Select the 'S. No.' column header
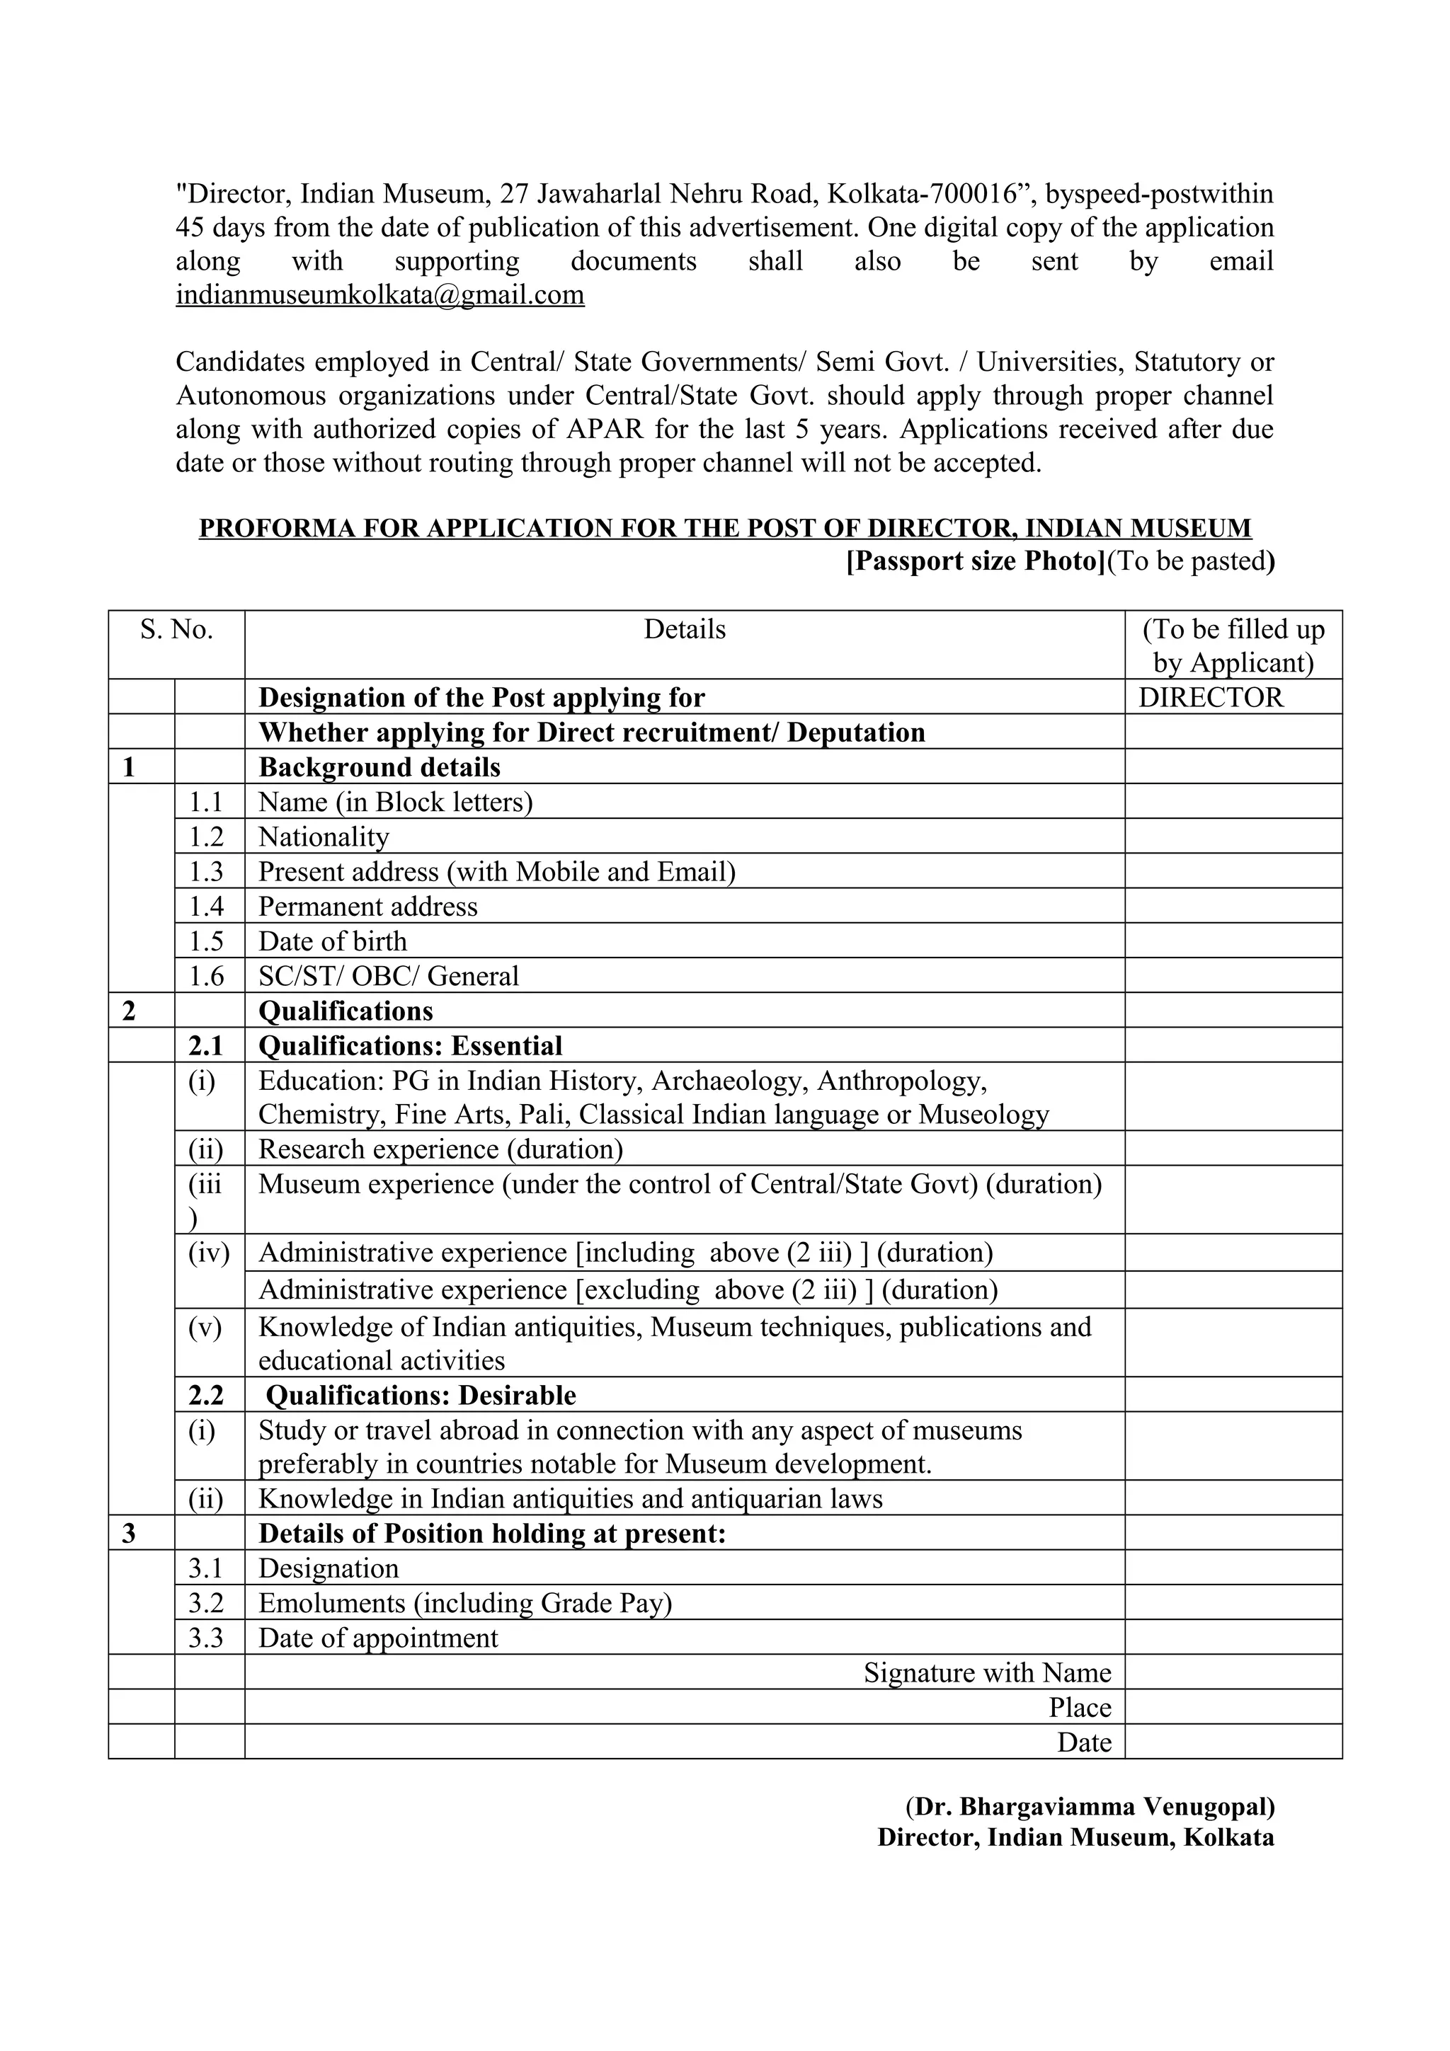pyautogui.click(x=176, y=630)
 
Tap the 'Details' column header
pyautogui.click(x=685, y=630)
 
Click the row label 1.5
pyautogui.click(x=205, y=941)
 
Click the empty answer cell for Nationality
pyautogui.click(x=1233, y=837)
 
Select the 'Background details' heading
pyautogui.click(x=379, y=767)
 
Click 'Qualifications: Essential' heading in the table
pyautogui.click(x=410, y=1046)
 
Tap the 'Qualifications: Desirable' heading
pyautogui.click(x=421, y=1396)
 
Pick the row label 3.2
pyautogui.click(x=205, y=1604)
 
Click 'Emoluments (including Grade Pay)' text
pyautogui.click(x=464, y=1604)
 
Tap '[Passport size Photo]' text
pyautogui.click(x=976, y=561)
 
